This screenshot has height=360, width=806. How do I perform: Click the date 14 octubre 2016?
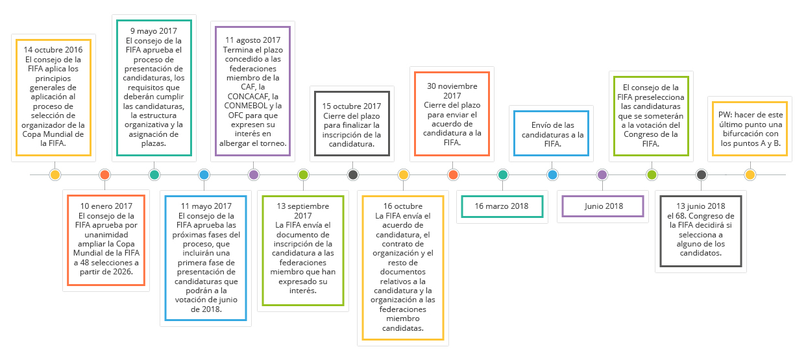pyautogui.click(x=53, y=50)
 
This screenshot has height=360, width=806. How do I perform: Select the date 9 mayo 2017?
pyautogui.click(x=154, y=31)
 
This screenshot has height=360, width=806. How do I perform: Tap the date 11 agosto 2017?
pyautogui.click(x=252, y=40)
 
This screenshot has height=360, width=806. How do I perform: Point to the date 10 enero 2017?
pyautogui.click(x=106, y=206)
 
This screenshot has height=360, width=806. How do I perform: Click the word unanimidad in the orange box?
pyautogui.click(x=106, y=234)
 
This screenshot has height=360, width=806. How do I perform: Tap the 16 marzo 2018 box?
pyautogui.click(x=502, y=206)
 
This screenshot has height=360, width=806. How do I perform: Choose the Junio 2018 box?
pyautogui.click(x=603, y=206)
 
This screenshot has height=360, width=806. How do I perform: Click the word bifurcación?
pyautogui.click(x=751, y=134)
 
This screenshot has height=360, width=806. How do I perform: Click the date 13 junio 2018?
pyautogui.click(x=701, y=206)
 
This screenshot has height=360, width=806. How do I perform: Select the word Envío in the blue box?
pyautogui.click(x=541, y=125)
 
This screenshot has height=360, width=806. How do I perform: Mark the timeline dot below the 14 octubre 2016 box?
pyautogui.click(x=55, y=174)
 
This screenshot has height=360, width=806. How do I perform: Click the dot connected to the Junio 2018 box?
pyautogui.click(x=602, y=174)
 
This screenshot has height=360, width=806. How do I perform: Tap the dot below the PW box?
pyautogui.click(x=750, y=174)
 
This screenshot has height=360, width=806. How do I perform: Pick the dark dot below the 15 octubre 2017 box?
pyautogui.click(x=353, y=174)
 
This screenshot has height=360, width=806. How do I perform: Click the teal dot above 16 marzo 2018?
pyautogui.click(x=503, y=174)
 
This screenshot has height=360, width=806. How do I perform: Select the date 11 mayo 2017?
pyautogui.click(x=206, y=206)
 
